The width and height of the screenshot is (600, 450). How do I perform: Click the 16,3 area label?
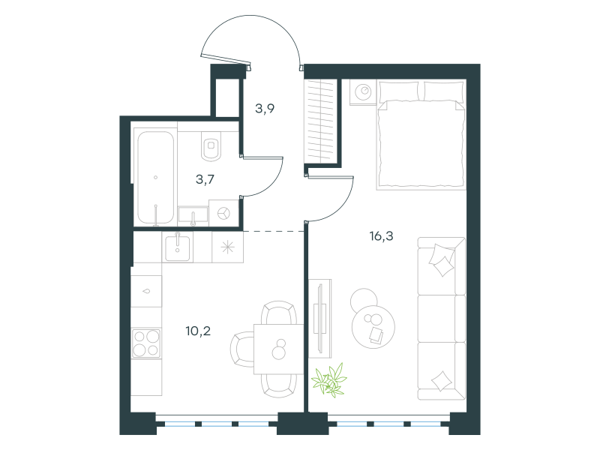(x=381, y=236)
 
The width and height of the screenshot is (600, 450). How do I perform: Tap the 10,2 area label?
(x=198, y=331)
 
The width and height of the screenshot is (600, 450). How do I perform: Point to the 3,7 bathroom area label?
(x=205, y=179)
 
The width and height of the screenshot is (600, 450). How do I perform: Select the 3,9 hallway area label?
(x=265, y=109)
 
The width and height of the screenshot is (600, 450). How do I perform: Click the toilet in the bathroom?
(x=211, y=145)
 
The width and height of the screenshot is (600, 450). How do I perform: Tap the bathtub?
(x=155, y=178)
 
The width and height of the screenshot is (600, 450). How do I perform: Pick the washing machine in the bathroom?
(x=223, y=213)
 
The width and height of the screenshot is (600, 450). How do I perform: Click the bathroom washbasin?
(x=193, y=215)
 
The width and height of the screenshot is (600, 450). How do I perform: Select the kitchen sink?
(x=177, y=247)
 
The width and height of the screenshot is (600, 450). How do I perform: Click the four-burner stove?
(x=145, y=343)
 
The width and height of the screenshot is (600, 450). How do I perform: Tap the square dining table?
(x=279, y=349)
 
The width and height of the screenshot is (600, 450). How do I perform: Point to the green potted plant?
(x=329, y=380)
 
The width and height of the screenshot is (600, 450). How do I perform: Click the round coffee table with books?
(x=373, y=326)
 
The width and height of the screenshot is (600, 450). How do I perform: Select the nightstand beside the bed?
(x=363, y=91)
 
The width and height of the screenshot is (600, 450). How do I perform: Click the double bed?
(x=421, y=135)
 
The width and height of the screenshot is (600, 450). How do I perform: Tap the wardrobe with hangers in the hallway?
(x=321, y=121)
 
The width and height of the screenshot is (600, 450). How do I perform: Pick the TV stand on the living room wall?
(x=320, y=318)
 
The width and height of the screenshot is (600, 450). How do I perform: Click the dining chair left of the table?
(x=241, y=349)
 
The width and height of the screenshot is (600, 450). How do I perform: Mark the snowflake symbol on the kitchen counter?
(x=228, y=247)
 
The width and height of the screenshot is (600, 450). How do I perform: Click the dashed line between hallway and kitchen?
(x=274, y=231)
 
